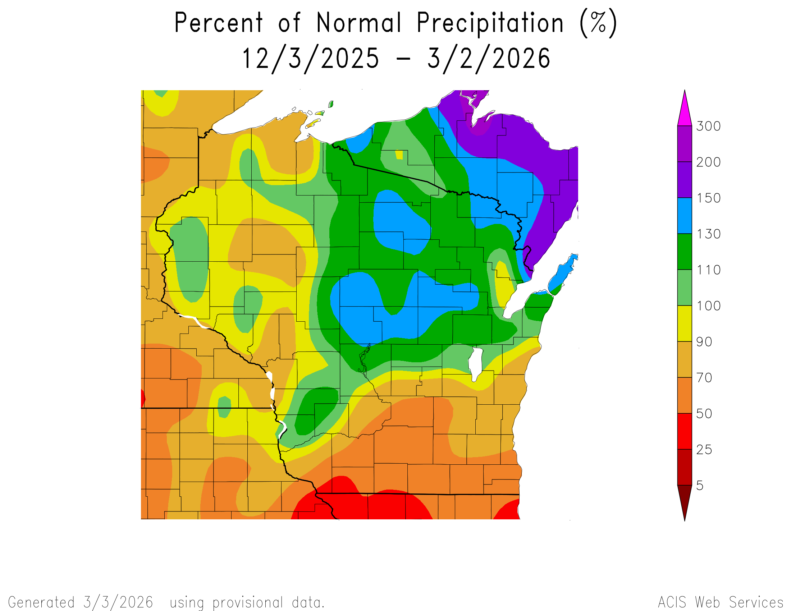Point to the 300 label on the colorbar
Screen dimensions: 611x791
tap(708, 126)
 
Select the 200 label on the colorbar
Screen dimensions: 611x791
tap(708, 162)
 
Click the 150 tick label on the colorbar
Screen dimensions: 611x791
tap(708, 198)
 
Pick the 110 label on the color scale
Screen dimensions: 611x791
tap(708, 270)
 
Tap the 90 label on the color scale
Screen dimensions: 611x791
tap(704, 342)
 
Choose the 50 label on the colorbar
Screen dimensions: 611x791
tap(704, 414)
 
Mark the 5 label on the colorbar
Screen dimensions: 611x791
tap(700, 486)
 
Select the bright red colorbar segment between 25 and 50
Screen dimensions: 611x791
tap(685, 431)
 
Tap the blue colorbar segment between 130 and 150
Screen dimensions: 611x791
tap(685, 215)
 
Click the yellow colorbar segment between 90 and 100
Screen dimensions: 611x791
tap(685, 323)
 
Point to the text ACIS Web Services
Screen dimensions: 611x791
tap(721, 602)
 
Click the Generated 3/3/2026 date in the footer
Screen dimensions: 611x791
tap(118, 602)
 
